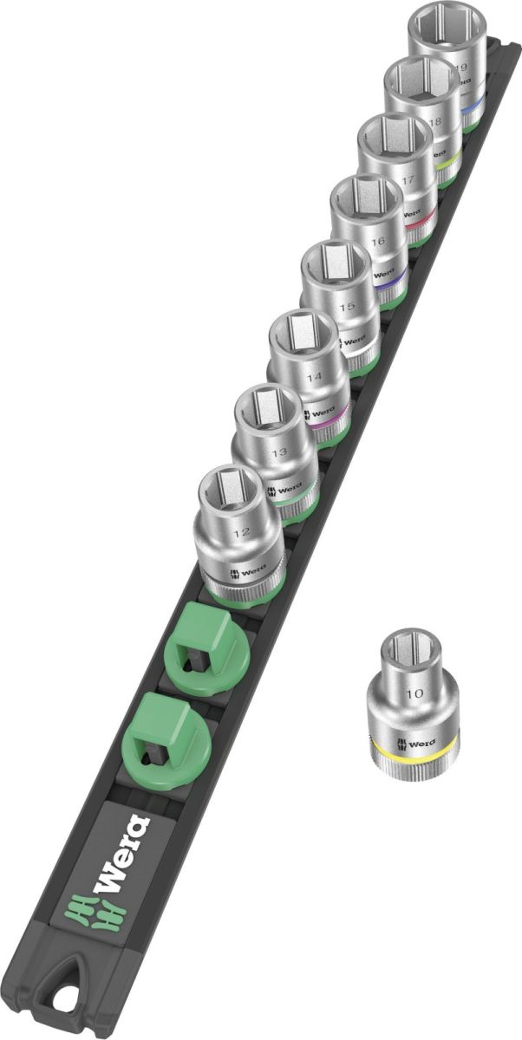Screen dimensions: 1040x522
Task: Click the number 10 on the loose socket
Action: pyautogui.click(x=414, y=693)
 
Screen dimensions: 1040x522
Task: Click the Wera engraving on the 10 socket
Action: pyautogui.click(x=421, y=742)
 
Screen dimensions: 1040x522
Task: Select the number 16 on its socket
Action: pyautogui.click(x=375, y=244)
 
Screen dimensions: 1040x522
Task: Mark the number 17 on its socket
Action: pyautogui.click(x=406, y=183)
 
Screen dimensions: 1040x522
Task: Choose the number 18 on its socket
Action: pyautogui.click(x=434, y=124)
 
